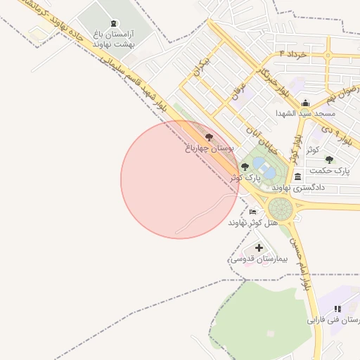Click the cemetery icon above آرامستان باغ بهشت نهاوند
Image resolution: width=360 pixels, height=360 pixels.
[x=114, y=24]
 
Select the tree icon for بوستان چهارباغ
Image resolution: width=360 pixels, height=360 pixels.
[x=208, y=136]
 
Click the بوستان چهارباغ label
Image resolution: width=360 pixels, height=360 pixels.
[x=207, y=148]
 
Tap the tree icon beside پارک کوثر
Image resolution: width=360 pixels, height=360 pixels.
[x=245, y=167]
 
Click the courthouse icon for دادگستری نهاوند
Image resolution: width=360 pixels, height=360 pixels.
[x=298, y=176]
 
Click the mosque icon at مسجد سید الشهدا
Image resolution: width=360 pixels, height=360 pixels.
[x=305, y=103]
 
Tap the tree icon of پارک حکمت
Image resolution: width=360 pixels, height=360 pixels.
[x=329, y=160]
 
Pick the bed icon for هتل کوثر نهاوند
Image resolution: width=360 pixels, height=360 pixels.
[x=252, y=212]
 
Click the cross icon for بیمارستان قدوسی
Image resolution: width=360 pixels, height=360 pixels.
[x=259, y=247]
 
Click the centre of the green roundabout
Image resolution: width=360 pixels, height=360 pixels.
[x=281, y=208]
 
